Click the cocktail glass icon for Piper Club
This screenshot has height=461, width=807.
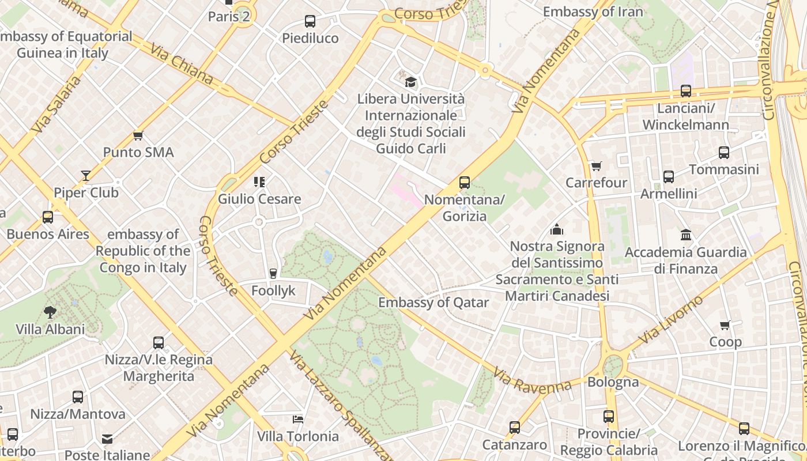coord(86,175)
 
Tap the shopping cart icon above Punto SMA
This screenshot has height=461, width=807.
coord(138,136)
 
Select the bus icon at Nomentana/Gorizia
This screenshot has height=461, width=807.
coord(465,183)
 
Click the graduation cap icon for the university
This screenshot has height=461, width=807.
coord(410,82)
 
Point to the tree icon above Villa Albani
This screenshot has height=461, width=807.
coord(50,312)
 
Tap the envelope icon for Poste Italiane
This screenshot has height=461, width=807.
coord(107,439)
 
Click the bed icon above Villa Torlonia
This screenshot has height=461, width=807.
coord(298,419)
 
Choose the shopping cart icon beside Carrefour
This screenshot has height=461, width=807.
coord(596,167)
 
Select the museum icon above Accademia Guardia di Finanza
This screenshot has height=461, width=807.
coord(686,235)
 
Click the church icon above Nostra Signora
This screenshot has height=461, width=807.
coord(557,230)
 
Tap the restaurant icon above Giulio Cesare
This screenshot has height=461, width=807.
coord(259,182)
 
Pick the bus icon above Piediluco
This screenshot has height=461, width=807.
coord(310,21)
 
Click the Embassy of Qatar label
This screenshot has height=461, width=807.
coord(433,303)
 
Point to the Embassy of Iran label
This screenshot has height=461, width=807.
coord(593,12)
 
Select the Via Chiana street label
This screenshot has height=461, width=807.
coord(182,64)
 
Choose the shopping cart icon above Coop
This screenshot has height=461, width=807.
coord(725,325)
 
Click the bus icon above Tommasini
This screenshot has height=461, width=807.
coord(724,153)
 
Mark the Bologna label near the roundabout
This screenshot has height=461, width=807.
coord(613,382)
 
